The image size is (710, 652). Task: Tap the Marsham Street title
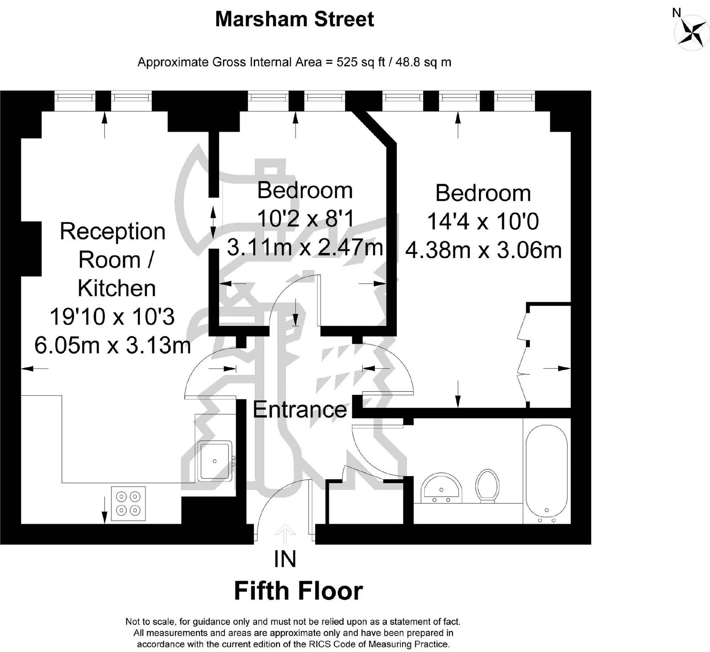[294, 19]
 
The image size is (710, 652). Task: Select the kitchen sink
[214, 461]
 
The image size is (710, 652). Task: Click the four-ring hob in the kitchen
[128, 503]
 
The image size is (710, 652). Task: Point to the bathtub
[546, 474]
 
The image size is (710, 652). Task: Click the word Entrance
[300, 410]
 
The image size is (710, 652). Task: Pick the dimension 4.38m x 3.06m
[484, 250]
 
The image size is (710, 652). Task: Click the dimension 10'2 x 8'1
[305, 219]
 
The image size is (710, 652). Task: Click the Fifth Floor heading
[299, 591]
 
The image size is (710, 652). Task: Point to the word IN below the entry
[285, 559]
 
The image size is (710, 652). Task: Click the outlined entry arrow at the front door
[285, 533]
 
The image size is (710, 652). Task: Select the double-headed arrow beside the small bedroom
[213, 222]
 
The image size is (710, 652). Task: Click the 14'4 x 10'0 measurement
[483, 221]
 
